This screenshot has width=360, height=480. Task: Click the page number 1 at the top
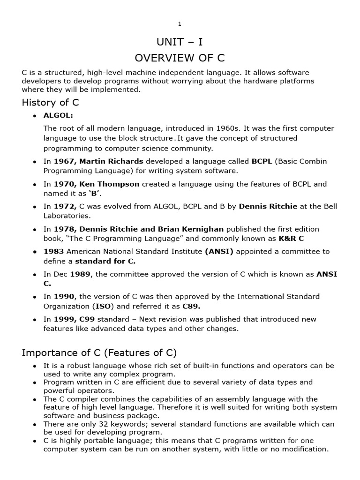pos(180,24)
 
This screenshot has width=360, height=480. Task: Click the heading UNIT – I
pos(180,42)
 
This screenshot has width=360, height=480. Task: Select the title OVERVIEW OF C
pos(180,58)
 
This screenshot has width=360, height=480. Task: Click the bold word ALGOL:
pos(59,116)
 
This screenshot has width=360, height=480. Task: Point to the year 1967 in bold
pos(63,161)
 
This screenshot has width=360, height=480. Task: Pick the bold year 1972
pos(64,207)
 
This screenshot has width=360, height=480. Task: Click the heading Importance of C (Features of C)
pos(99,352)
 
